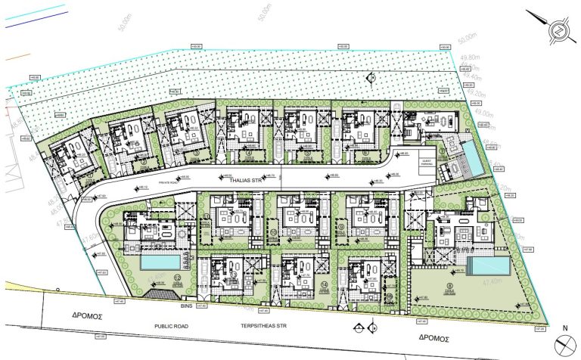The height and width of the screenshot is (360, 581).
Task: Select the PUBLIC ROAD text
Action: coord(171,327)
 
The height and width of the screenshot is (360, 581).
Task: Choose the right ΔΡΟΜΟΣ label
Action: coord(433,338)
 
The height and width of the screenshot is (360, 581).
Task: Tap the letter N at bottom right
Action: coord(564,328)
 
